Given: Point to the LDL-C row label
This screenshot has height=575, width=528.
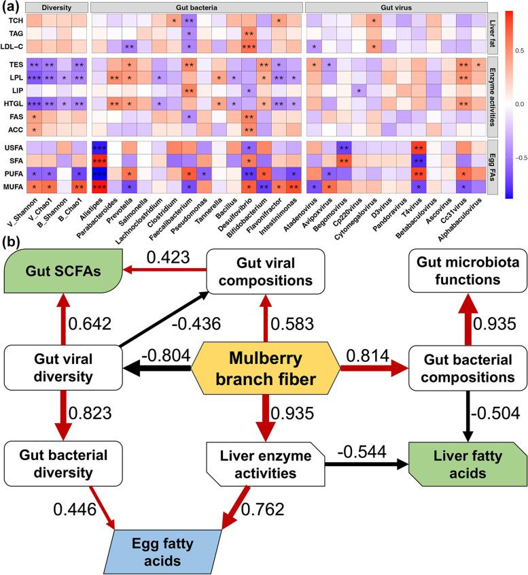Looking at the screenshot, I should pos(14,46).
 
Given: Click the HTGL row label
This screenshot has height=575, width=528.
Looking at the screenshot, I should pos(14,103).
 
